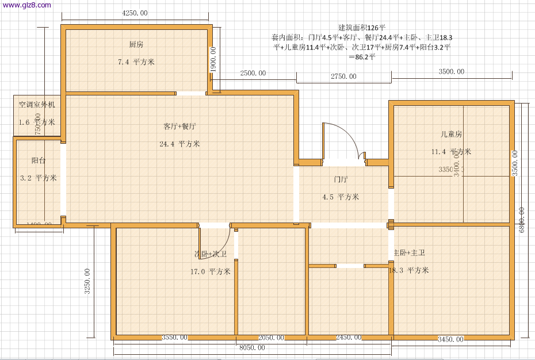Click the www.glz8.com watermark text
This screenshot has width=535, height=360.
click(x=26, y=5)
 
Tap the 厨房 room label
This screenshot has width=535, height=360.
click(x=136, y=44)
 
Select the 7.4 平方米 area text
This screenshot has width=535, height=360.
click(x=136, y=62)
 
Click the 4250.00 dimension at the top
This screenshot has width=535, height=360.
click(x=135, y=13)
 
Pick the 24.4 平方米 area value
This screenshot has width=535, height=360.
click(x=179, y=144)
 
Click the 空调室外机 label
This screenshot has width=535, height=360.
click(x=37, y=105)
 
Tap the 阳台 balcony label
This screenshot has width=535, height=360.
click(x=39, y=161)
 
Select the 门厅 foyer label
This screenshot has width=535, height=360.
click(x=341, y=179)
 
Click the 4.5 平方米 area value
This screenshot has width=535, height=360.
click(x=341, y=197)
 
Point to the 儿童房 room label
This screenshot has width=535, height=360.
click(x=452, y=134)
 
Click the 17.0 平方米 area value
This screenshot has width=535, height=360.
click(x=211, y=271)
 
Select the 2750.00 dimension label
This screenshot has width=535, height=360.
click(x=343, y=76)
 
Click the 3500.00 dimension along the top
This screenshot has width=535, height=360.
click(x=452, y=72)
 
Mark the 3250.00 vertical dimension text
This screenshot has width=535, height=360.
click(x=87, y=281)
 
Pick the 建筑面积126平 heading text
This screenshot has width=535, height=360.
click(x=362, y=27)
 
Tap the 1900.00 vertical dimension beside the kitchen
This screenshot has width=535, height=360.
click(x=213, y=59)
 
